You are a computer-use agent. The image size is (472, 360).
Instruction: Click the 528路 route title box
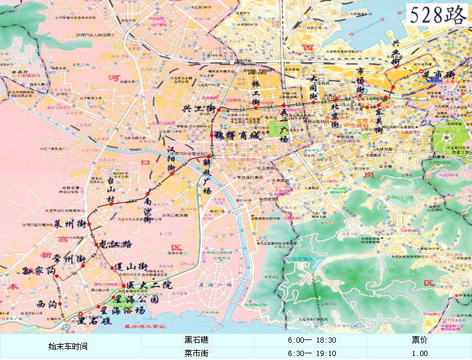point(437,15)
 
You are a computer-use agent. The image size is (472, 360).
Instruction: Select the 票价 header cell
point(419,339)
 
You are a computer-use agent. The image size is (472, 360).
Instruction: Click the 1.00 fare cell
point(419,353)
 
